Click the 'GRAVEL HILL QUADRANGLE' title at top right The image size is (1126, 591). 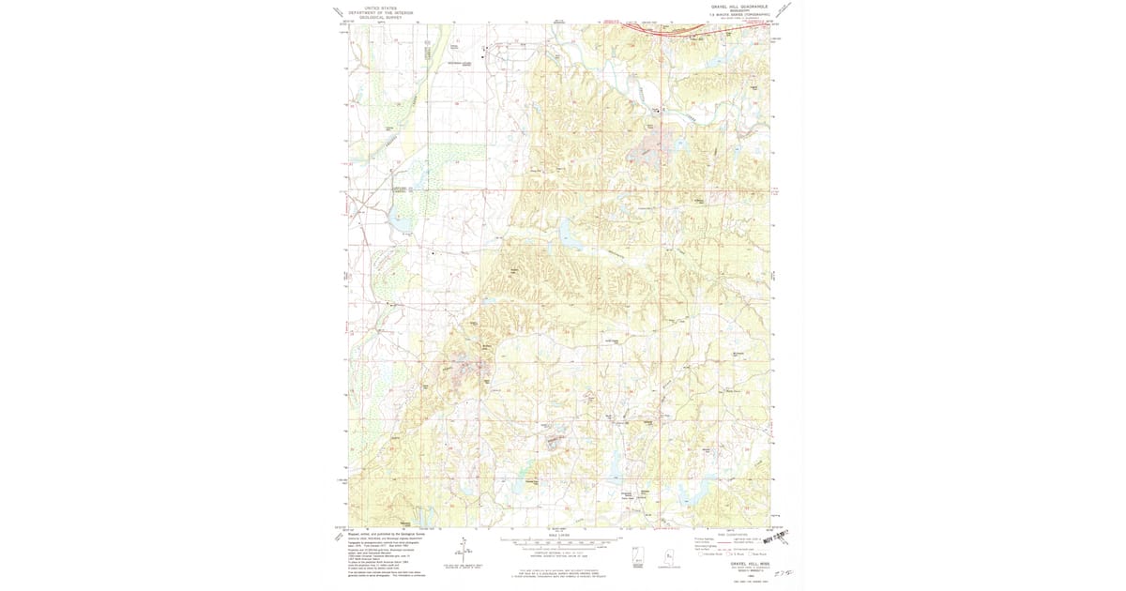coord(740,6)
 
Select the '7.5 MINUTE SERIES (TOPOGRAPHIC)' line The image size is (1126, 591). coord(740,14)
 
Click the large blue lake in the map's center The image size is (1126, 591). coord(569,230)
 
